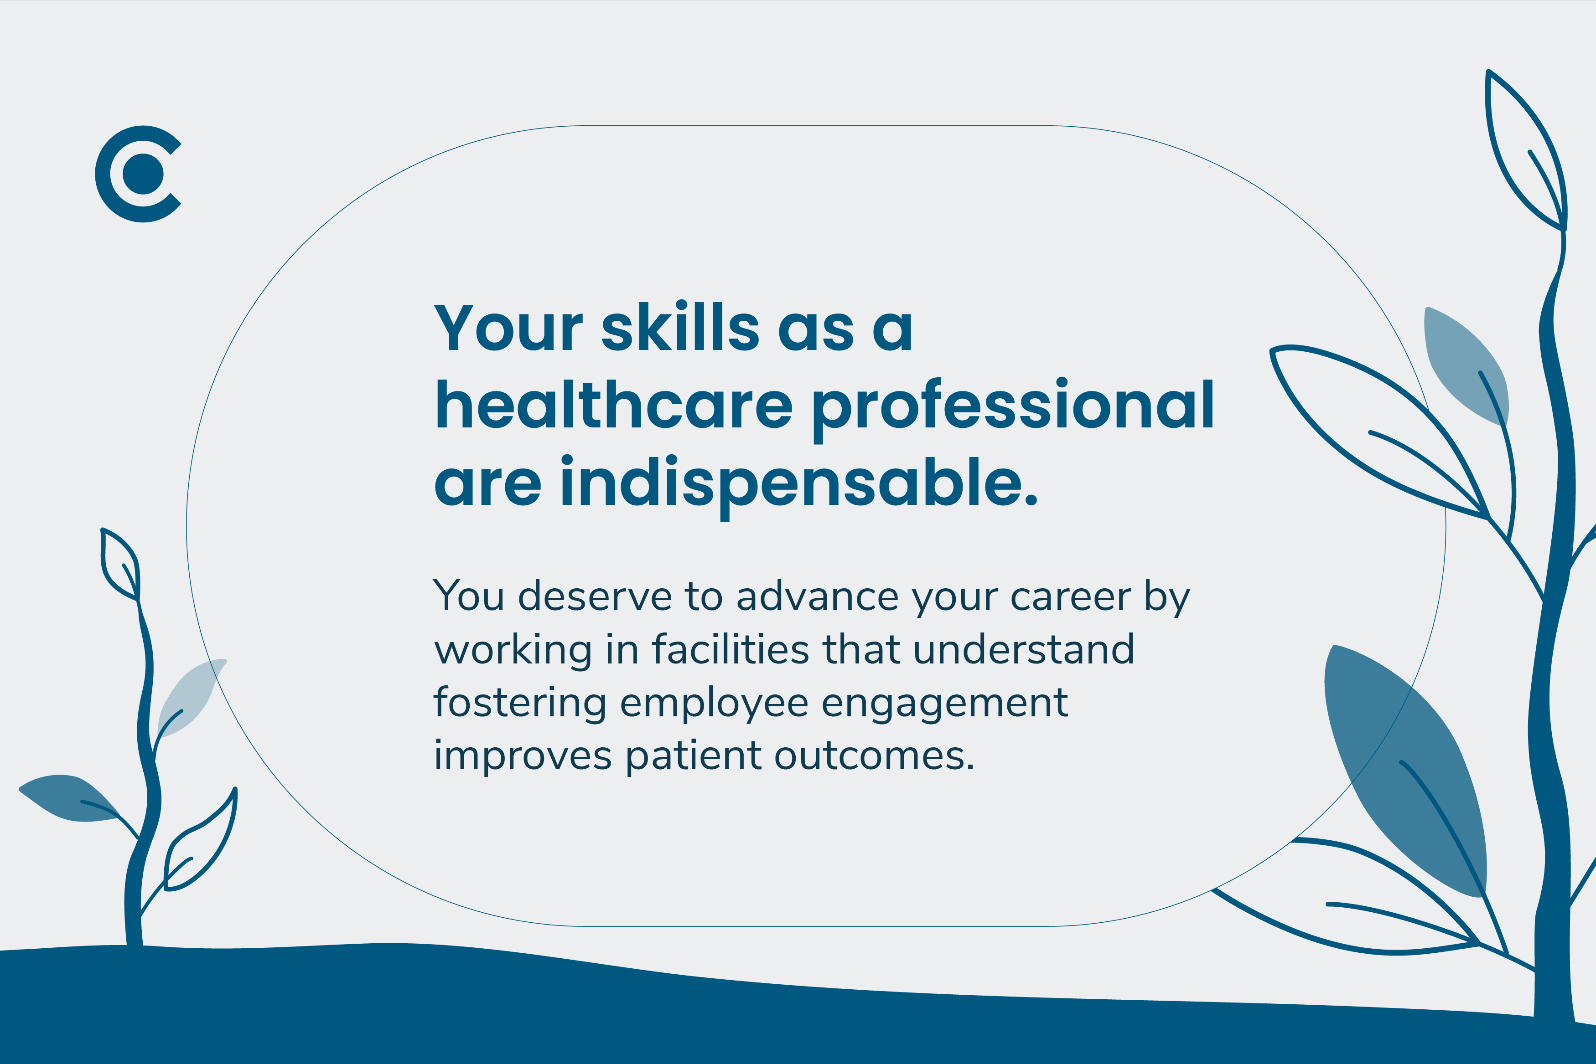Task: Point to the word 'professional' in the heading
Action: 1013,410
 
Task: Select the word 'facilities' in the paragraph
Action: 731,649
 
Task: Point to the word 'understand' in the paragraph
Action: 1024,649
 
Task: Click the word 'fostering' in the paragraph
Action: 520,704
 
